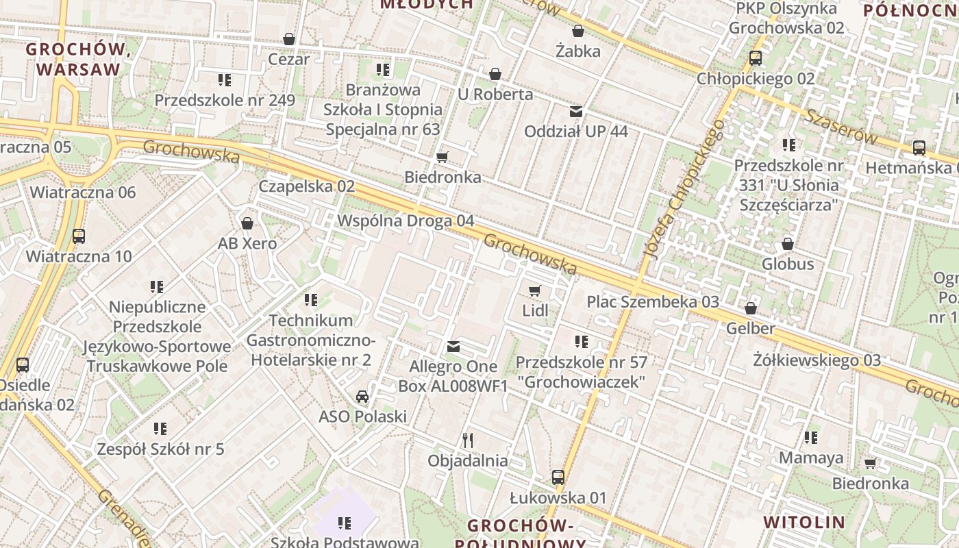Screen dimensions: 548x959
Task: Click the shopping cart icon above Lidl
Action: (x=535, y=290)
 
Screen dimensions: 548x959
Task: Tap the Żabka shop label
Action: (x=578, y=51)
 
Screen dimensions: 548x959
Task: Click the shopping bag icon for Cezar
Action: (x=289, y=39)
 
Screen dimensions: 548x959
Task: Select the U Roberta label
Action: (x=495, y=95)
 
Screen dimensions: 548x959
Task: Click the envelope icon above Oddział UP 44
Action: (x=576, y=111)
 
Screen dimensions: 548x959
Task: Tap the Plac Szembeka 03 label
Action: (x=653, y=302)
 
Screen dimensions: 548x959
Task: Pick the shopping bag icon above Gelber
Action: (x=751, y=309)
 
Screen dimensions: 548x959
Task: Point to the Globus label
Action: (x=788, y=264)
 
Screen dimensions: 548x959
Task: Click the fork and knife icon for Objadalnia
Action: (x=468, y=440)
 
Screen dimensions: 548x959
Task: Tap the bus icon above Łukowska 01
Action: (x=558, y=477)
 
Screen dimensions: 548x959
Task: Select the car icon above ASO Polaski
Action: (x=362, y=397)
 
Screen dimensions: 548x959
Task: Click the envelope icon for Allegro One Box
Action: (x=453, y=347)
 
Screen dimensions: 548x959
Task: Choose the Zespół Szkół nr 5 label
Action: (x=160, y=450)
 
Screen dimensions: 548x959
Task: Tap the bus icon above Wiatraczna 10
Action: (x=79, y=236)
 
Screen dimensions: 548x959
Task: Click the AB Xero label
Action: (x=247, y=244)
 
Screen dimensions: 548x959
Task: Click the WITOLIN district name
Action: (x=804, y=522)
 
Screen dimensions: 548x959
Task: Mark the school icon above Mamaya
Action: (x=811, y=438)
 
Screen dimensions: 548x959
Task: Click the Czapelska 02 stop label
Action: (x=306, y=186)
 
